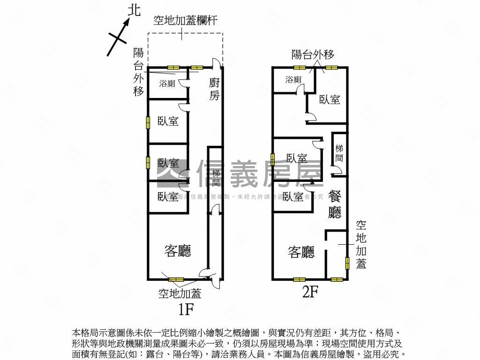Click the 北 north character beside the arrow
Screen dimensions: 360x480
134,11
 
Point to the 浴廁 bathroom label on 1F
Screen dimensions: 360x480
167,84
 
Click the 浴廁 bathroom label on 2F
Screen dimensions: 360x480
293,80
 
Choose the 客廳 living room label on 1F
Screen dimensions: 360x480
178,251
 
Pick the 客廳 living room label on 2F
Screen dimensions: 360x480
301,253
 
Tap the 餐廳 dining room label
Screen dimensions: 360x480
335,204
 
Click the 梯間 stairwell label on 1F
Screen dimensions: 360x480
216,178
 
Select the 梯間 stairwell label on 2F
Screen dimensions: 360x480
339,153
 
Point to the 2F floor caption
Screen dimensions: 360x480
310,292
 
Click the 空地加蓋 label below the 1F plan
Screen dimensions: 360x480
180,293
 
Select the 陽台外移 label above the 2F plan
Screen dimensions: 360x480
313,54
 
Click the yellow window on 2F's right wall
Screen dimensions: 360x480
347,263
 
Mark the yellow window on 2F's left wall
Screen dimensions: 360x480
272,160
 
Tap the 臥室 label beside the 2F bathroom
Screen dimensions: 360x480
330,99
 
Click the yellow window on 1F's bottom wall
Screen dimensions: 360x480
176,280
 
